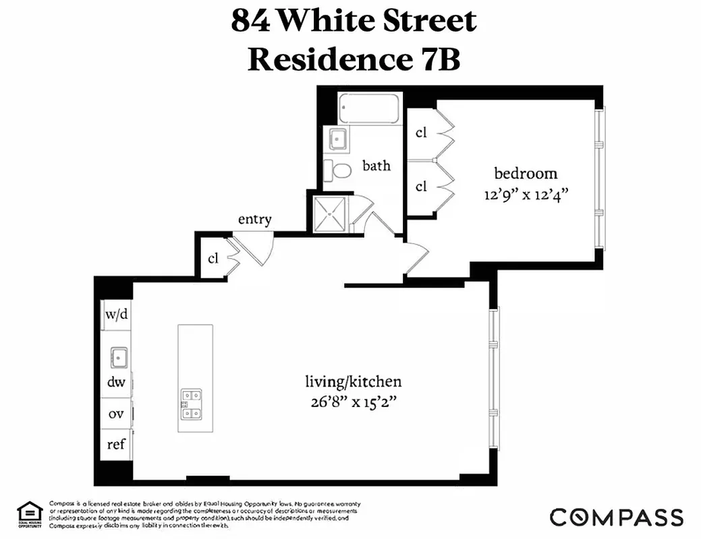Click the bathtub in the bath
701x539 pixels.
click(x=368, y=108)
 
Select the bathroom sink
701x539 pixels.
click(x=337, y=139)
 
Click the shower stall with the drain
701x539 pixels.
click(x=330, y=213)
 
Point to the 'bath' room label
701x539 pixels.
click(x=376, y=165)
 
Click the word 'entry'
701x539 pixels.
click(x=255, y=220)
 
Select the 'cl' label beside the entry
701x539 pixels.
click(x=213, y=258)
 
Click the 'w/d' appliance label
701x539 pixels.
click(x=116, y=315)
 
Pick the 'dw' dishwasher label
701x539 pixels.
click(x=116, y=382)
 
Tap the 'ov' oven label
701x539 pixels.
click(x=116, y=414)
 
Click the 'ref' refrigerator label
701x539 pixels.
click(x=116, y=445)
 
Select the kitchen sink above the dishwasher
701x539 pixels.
click(x=119, y=356)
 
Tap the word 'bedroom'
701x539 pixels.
click(x=526, y=173)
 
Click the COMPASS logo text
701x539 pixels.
click(x=616, y=517)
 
